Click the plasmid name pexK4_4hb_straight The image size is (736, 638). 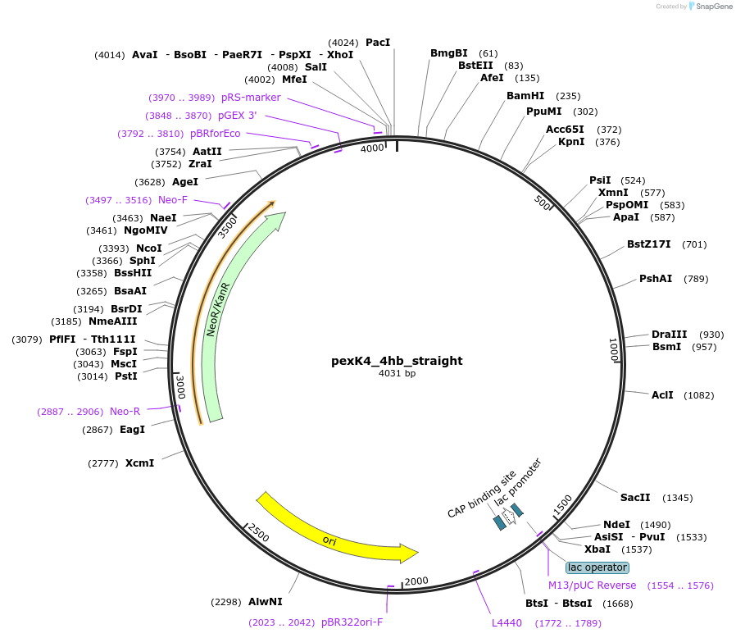397,361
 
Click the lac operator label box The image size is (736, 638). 597,567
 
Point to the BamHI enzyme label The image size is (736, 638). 525,96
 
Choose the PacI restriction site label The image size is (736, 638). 378,42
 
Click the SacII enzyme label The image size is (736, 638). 635,498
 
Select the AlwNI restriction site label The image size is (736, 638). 266,602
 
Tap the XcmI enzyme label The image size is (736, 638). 140,463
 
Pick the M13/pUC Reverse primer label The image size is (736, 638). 592,586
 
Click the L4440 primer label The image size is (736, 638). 507,623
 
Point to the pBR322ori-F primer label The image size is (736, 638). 352,622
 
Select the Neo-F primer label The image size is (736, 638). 173,200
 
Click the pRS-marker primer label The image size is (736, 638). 251,98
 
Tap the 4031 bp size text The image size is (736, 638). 397,374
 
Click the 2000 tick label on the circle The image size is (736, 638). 416,581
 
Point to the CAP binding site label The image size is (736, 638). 481,494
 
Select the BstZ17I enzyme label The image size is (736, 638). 649,244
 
